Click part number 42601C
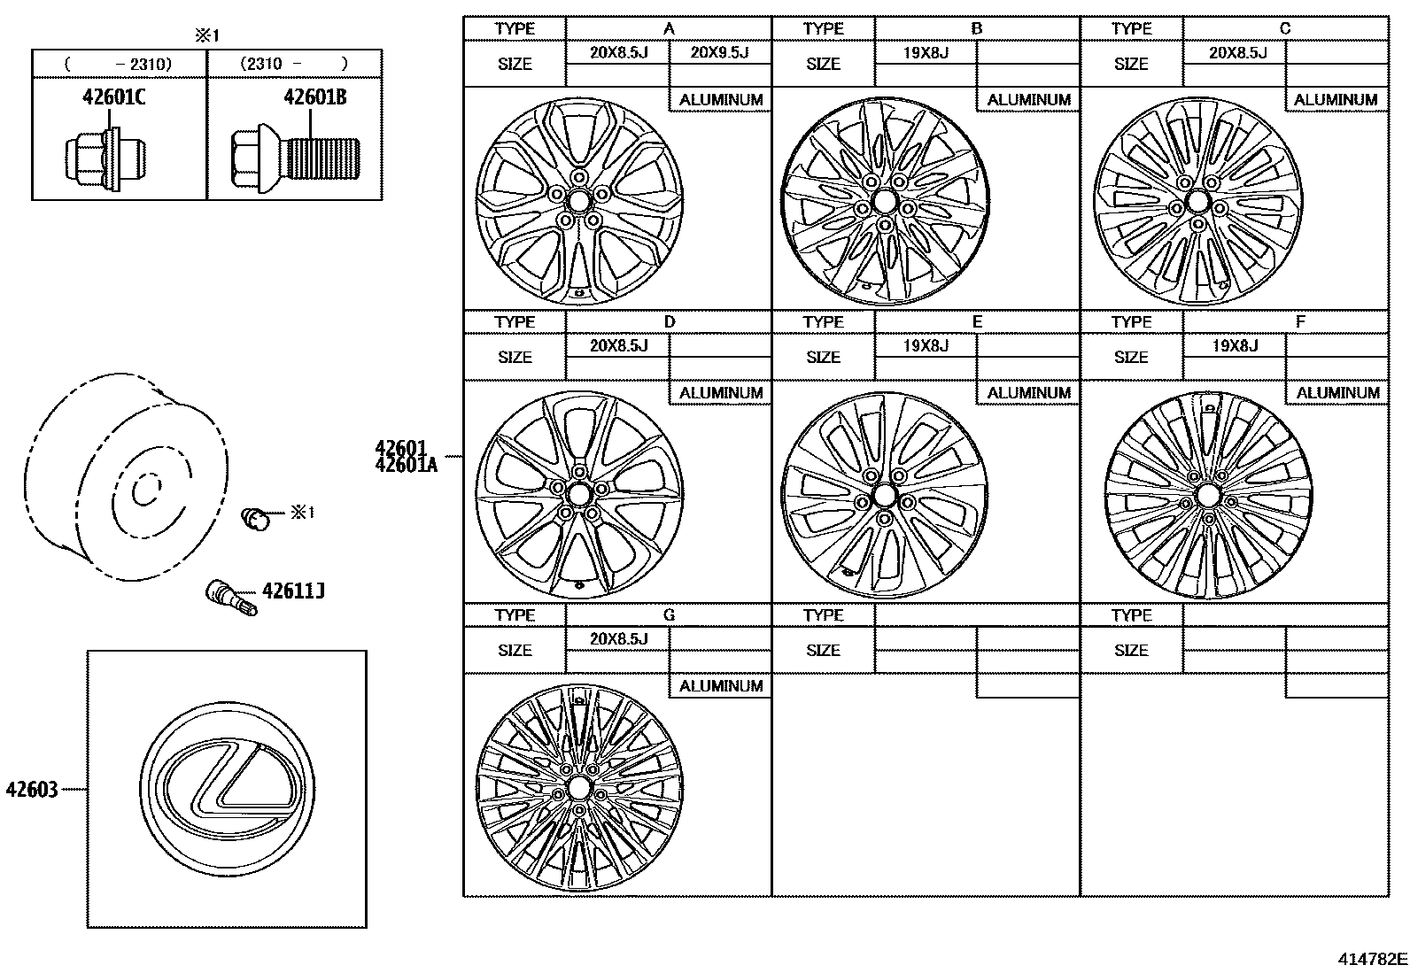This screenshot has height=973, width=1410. coord(113,97)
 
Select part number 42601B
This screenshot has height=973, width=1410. coord(314,97)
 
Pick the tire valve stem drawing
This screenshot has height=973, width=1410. coord(229,597)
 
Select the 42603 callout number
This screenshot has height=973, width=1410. coord(32,789)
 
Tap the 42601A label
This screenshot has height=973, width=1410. coord(407,465)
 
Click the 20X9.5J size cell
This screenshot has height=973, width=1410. coord(718,52)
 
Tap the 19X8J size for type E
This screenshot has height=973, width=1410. coord(926,345)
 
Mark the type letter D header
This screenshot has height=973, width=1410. coord(669,321)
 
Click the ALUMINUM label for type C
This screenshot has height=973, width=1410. coord(1336,100)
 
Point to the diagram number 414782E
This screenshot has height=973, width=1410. coord(1372,959)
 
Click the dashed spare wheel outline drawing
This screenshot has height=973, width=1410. coord(124,478)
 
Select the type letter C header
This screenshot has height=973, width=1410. coord(1285,28)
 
